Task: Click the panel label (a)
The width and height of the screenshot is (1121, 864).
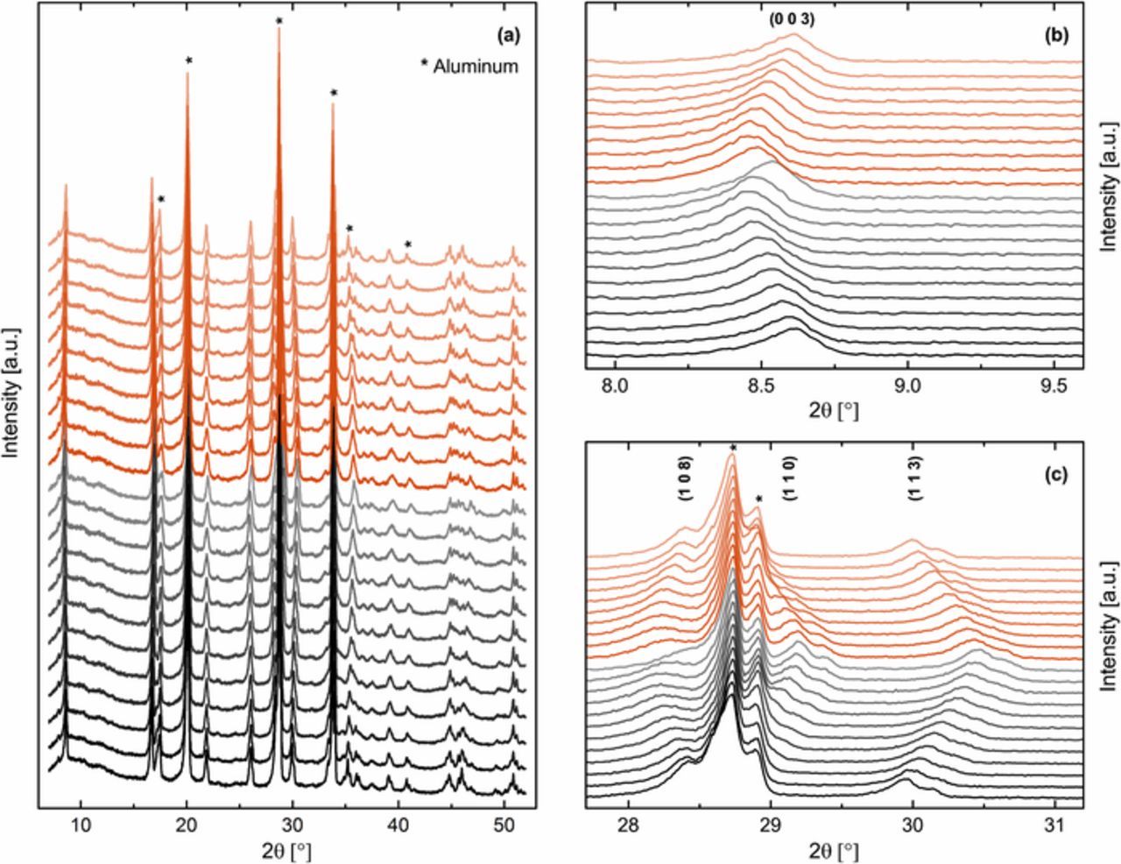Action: click(507, 36)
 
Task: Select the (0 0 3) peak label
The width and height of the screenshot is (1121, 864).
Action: click(792, 19)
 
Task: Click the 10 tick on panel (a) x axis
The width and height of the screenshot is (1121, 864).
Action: click(81, 823)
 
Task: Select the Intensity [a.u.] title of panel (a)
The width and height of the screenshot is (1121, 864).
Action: click(11, 389)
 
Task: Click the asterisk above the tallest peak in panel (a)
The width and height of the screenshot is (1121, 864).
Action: click(278, 21)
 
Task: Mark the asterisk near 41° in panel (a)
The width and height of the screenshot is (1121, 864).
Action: click(407, 244)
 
